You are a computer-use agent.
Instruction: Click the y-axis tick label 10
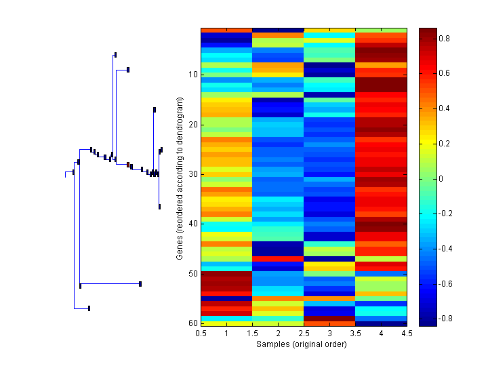coord(192,74)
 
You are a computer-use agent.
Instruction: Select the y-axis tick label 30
coord(192,174)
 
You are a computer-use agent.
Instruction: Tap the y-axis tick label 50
coord(192,273)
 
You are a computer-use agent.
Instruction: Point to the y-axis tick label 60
coord(192,323)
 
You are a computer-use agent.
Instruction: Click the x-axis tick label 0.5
coord(201,333)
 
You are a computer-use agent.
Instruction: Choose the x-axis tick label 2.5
coord(304,333)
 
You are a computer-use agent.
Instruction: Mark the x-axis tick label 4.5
coord(407,333)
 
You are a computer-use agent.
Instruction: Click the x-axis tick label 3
coord(330,333)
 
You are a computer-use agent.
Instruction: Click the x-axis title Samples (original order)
coord(302,344)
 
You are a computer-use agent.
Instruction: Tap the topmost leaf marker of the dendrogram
coord(115,54)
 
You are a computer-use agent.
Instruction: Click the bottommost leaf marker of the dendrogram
coord(89,308)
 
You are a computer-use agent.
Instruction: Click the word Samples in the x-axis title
coord(272,344)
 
